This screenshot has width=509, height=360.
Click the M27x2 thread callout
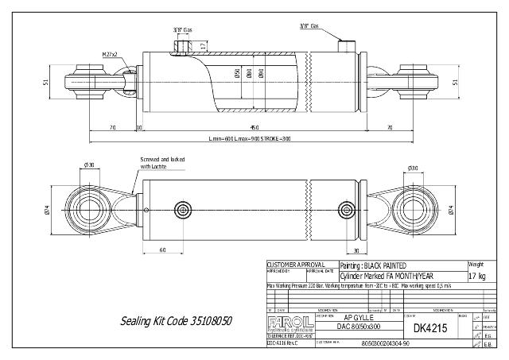(110, 54)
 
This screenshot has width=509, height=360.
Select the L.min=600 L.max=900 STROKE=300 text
(250, 139)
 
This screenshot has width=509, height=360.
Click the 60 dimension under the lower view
(162, 250)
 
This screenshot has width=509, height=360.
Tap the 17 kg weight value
(477, 276)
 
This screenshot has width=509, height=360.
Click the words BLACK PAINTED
(385, 265)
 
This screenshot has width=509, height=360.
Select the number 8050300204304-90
(385, 343)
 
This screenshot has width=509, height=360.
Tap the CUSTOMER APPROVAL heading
(296, 263)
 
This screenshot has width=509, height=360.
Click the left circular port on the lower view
(185, 210)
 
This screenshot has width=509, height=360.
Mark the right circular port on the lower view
(347, 210)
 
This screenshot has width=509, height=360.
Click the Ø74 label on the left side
(48, 210)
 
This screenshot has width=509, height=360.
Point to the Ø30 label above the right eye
(413, 168)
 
